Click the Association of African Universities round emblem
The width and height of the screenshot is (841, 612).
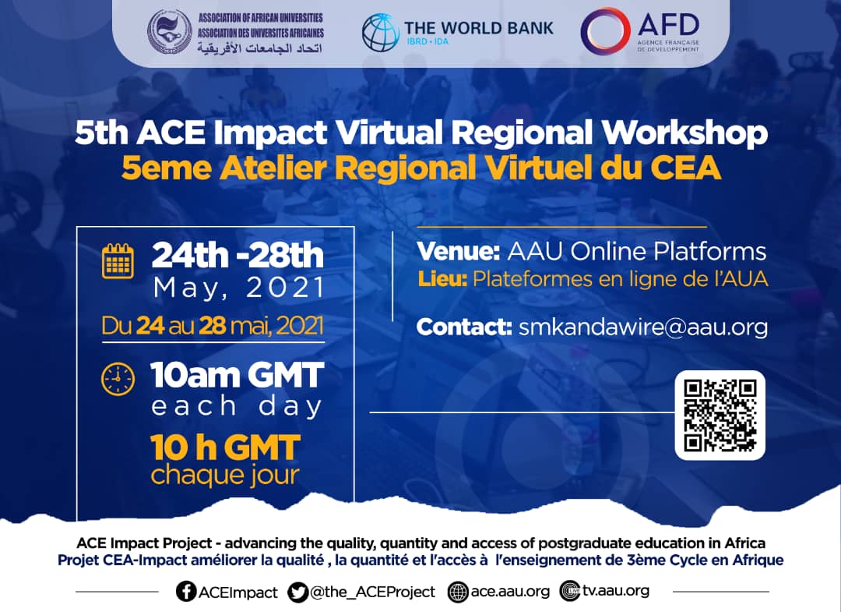click(170, 32)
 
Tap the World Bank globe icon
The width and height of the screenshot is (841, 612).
click(380, 32)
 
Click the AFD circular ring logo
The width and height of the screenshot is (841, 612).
click(605, 31)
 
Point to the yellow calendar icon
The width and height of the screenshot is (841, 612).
click(118, 261)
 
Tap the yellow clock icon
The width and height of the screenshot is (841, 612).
click(118, 380)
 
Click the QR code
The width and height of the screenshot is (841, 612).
click(720, 415)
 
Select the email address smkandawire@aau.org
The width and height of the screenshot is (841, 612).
click(643, 327)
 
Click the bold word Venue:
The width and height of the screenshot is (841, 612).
click(459, 251)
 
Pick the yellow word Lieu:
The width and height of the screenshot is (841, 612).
click(443, 279)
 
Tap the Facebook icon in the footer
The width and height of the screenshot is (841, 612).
click(186, 591)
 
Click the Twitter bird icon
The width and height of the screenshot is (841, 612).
click(297, 592)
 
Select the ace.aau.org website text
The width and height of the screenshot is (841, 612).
click(510, 592)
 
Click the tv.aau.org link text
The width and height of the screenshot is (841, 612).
click(616, 590)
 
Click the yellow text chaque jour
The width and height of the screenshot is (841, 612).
click(225, 476)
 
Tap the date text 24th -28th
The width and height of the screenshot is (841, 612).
click(238, 255)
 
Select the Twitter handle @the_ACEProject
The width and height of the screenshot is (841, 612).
click(373, 593)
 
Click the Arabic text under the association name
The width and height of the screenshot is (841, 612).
click(260, 48)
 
